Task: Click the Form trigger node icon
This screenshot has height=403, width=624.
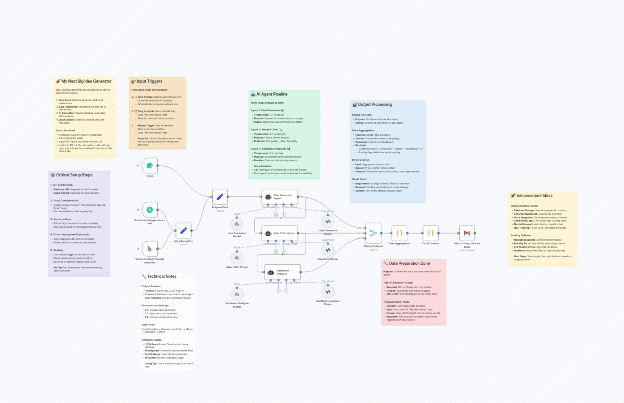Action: click(x=150, y=166)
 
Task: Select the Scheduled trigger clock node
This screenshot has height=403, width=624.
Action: click(x=150, y=210)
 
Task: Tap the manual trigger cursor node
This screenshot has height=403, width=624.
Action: click(x=150, y=248)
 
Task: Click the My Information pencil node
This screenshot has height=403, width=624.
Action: click(x=184, y=231)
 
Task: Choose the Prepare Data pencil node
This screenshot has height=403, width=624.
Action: click(x=220, y=197)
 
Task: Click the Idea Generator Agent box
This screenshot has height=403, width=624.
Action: click(x=280, y=197)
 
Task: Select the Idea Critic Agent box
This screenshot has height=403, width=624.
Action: click(x=280, y=233)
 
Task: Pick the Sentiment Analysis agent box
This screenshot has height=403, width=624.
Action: click(x=282, y=272)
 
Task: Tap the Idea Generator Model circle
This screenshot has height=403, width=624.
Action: click(x=237, y=224)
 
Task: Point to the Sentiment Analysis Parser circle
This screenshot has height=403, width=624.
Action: click(x=328, y=292)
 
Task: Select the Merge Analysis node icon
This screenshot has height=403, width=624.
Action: click(x=373, y=233)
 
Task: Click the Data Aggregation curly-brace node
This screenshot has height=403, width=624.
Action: click(x=399, y=233)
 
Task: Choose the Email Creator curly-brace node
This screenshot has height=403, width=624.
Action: click(x=430, y=233)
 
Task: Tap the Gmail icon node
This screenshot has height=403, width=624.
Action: click(x=467, y=233)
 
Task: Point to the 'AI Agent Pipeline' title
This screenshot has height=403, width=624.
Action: click(x=272, y=94)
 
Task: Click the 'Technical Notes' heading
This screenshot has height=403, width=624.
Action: click(x=162, y=276)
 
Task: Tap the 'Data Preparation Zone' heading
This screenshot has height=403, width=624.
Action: click(x=409, y=263)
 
